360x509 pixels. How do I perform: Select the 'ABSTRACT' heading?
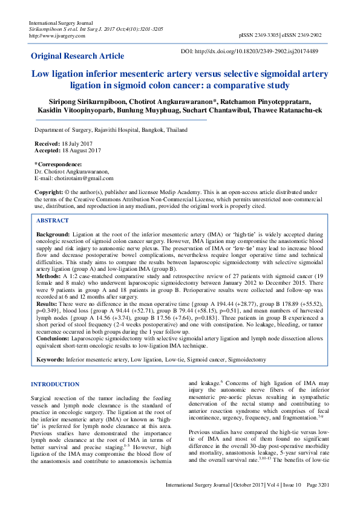pyautogui.click(x=53, y=221)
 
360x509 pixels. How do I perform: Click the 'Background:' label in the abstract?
pyautogui.click(x=53, y=233)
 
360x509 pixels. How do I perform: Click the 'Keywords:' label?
pyautogui.click(x=50, y=360)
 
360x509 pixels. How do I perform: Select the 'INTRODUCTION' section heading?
pyautogui.click(x=55, y=384)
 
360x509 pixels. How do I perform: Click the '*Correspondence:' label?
pyautogui.click(x=58, y=164)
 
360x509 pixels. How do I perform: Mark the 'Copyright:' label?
pyautogui.click(x=49, y=191)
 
